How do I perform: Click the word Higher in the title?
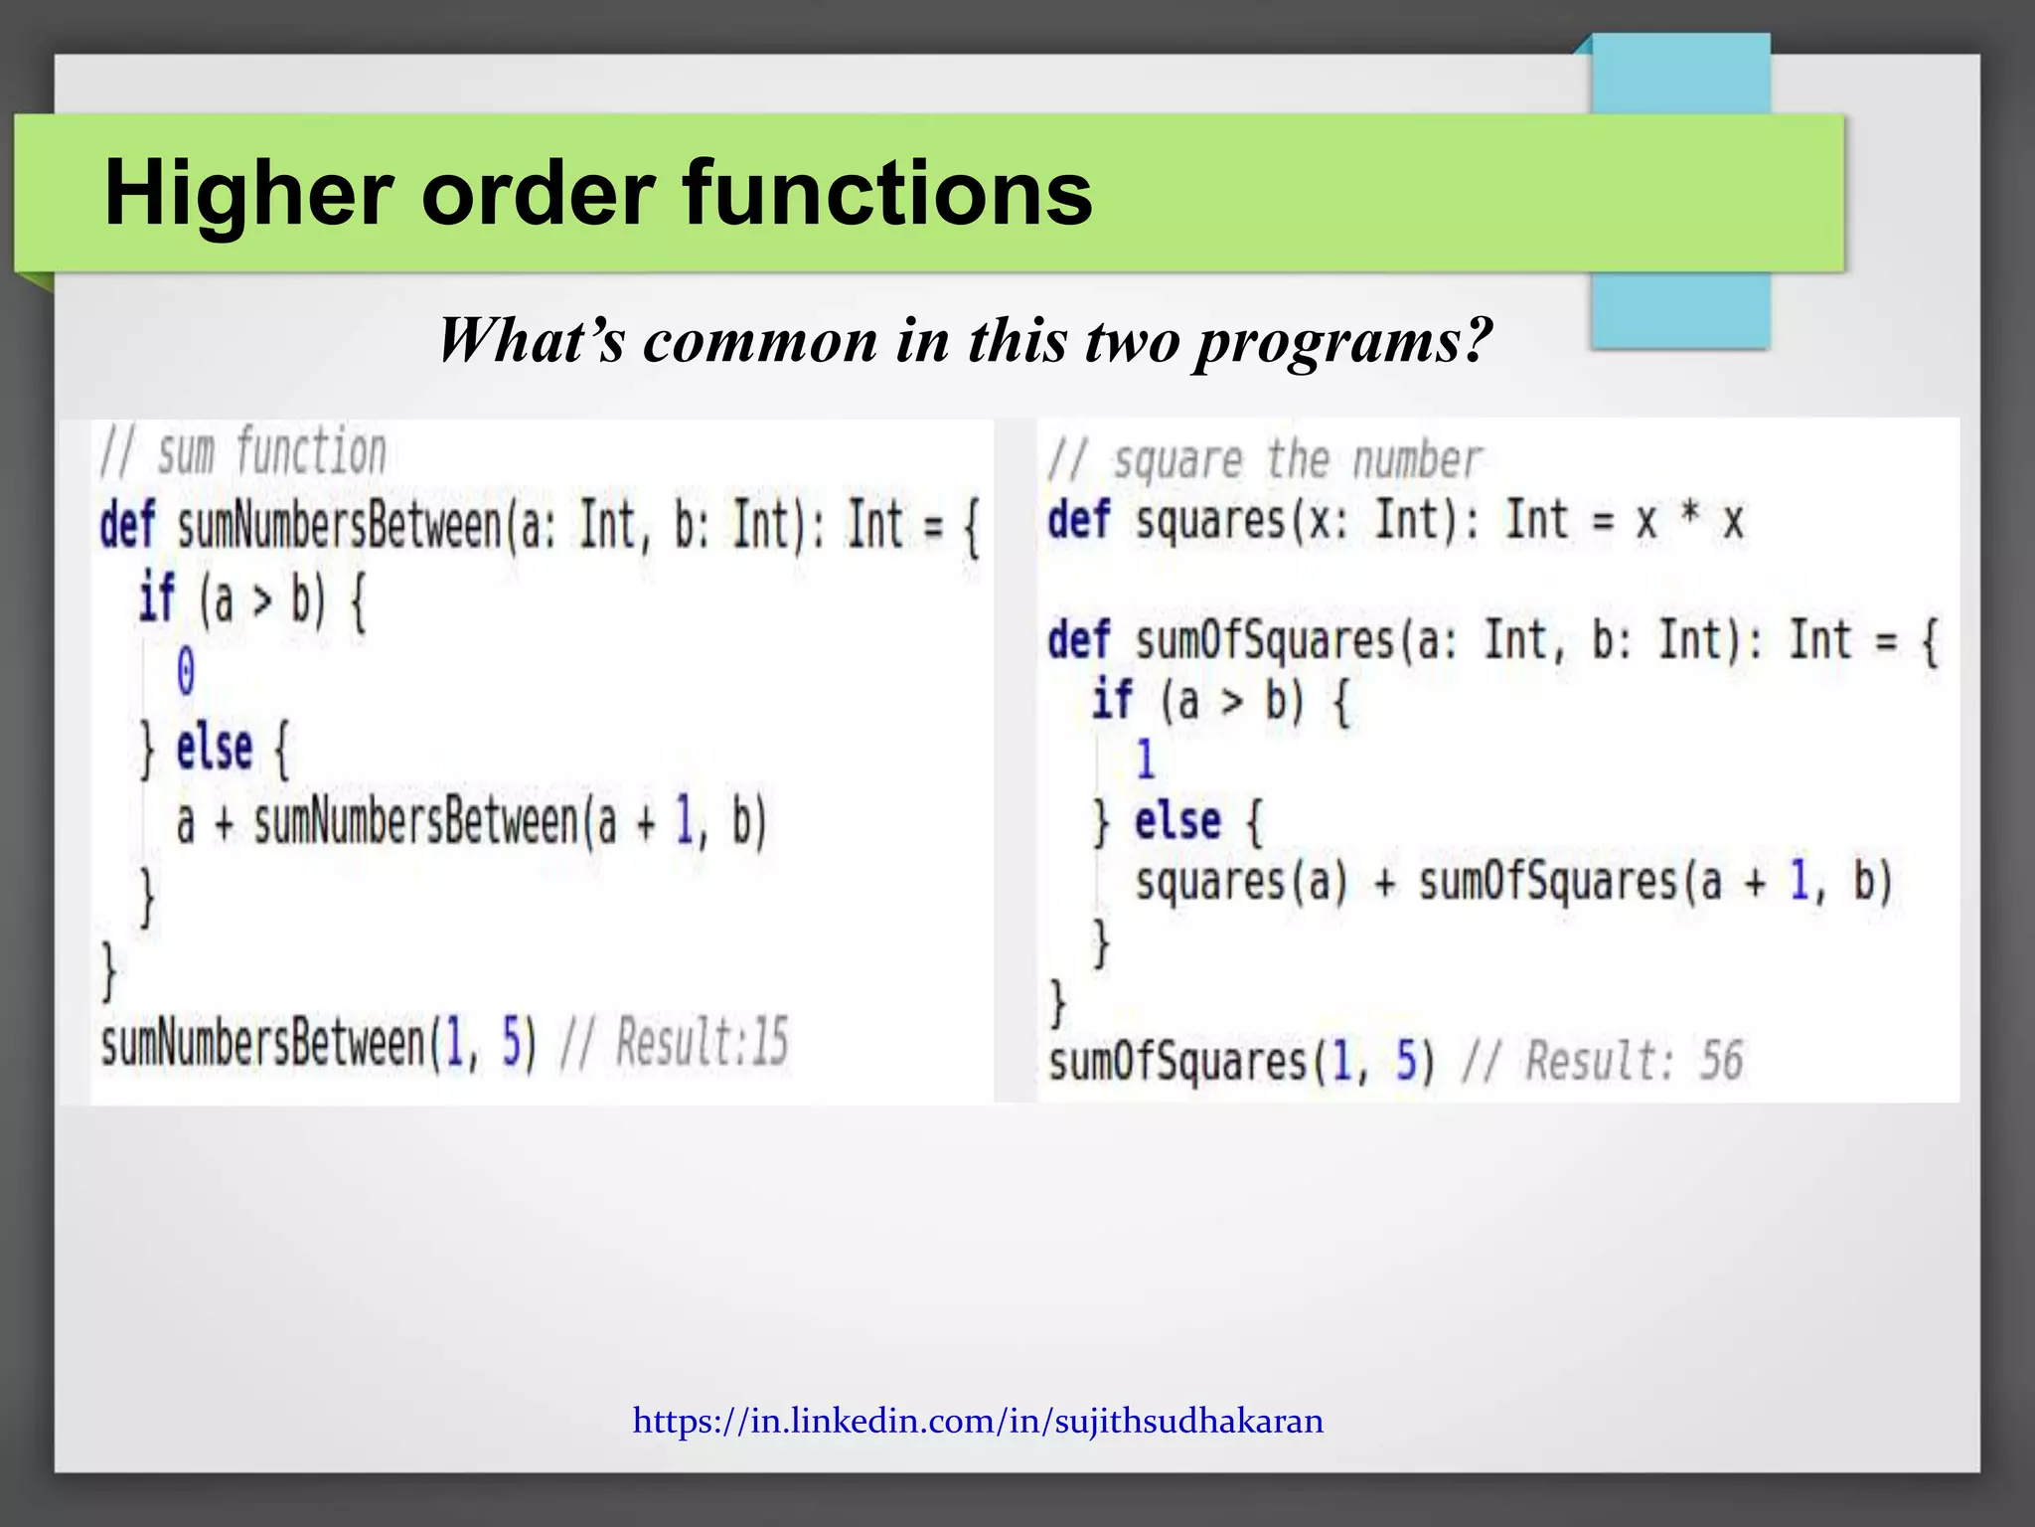pyautogui.click(x=248, y=194)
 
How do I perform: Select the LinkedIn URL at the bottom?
pyautogui.click(x=978, y=1421)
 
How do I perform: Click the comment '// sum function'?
pyautogui.click(x=243, y=452)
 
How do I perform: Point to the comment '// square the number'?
pyautogui.click(x=1264, y=461)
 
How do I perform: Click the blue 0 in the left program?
pyautogui.click(x=186, y=671)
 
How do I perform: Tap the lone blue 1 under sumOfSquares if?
pyautogui.click(x=1145, y=760)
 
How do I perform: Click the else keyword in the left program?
pyautogui.click(x=214, y=749)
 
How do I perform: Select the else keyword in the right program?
pyautogui.click(x=1177, y=821)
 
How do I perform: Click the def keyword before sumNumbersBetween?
pyautogui.click(x=127, y=525)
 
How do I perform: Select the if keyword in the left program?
pyautogui.click(x=157, y=598)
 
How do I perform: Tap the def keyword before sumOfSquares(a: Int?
pyautogui.click(x=1078, y=640)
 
